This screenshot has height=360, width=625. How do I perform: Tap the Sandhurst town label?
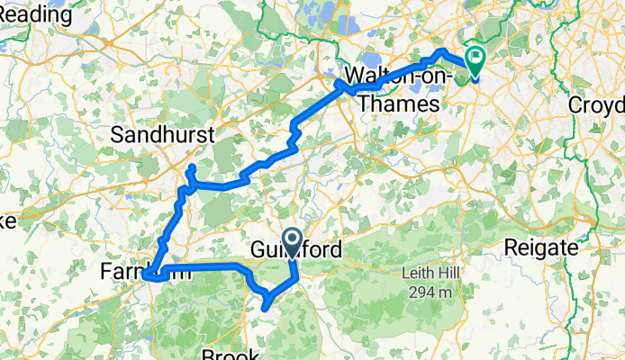click(x=162, y=135)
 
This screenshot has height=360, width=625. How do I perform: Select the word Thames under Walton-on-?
click(x=397, y=103)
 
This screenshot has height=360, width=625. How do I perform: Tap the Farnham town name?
click(x=144, y=270)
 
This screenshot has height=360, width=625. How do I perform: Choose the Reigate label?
click(x=539, y=247)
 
